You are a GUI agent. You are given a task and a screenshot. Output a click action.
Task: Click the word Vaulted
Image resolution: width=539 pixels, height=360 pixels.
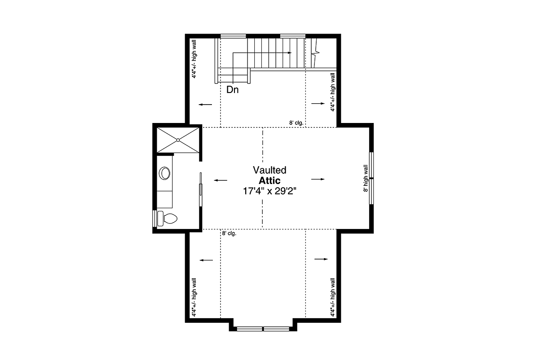coord(269,170)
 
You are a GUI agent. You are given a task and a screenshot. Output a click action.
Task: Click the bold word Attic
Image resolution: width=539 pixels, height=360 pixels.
coord(269,180)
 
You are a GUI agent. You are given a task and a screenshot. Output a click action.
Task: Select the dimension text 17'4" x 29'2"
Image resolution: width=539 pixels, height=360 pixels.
coord(269,191)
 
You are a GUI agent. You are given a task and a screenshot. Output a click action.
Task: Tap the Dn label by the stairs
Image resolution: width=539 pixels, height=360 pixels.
coord(233,90)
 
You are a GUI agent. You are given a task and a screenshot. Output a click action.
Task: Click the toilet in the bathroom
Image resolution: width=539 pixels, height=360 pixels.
coord(167,219)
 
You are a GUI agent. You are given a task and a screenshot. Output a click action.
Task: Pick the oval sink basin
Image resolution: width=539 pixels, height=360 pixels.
coord(165,173)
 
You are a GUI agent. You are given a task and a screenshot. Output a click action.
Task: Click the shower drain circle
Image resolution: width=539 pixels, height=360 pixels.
coord(178,140)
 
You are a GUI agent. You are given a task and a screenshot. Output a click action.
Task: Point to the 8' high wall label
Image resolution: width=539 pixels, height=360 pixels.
coord(366,178)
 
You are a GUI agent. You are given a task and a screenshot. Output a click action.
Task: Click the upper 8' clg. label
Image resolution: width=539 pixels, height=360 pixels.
coord(296,123)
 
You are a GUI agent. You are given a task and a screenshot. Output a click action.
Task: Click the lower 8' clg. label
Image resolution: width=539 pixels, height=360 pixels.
coord(229,233)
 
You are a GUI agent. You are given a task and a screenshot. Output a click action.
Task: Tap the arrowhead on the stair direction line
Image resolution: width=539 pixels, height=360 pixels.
coord(290,53)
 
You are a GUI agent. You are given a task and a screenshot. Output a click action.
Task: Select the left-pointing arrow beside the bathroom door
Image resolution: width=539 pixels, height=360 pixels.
coord(221,180)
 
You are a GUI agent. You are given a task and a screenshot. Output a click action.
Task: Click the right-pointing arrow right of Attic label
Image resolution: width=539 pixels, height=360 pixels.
coord(318,179)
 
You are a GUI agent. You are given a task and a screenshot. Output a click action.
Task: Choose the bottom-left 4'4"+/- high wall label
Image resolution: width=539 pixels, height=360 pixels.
coord(194,298)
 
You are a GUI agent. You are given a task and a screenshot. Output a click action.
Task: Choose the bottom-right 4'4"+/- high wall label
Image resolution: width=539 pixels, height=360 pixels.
coord(332,298)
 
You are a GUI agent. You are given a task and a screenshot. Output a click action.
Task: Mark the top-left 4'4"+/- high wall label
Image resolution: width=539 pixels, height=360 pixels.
coord(194,59)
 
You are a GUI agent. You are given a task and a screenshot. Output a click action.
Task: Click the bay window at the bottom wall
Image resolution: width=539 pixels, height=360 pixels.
coord(263,329)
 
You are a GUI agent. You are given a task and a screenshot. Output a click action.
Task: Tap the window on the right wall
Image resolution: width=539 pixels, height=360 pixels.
coord(371,178)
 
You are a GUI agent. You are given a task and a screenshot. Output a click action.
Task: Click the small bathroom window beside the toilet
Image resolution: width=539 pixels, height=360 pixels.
coord(155,219)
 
